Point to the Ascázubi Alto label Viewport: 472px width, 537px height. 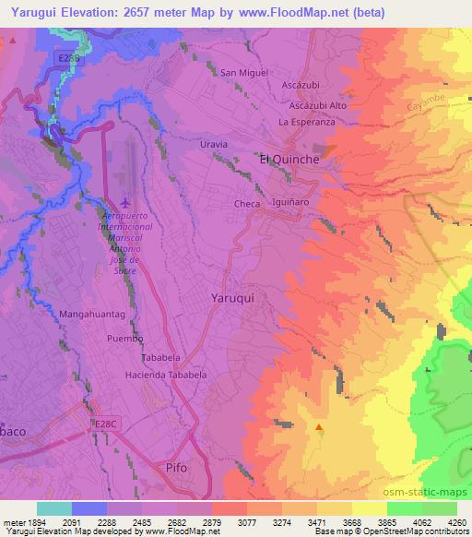coord(315,105)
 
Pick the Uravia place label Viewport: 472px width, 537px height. coord(214,146)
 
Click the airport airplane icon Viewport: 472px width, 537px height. coord(125,202)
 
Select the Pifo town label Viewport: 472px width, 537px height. coord(175,468)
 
